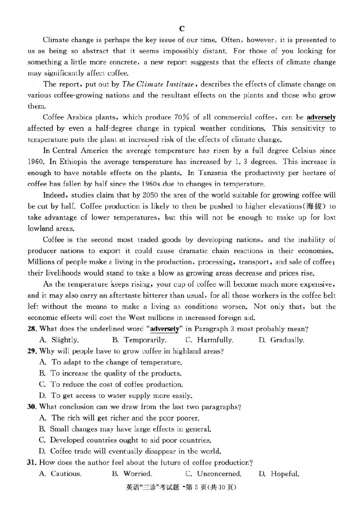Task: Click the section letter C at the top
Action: coord(182,28)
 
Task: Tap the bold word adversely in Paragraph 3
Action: coord(321,117)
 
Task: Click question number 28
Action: coord(32,329)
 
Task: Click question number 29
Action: coord(32,351)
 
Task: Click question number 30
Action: coord(32,407)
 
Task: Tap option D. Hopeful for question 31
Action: coord(279,474)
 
